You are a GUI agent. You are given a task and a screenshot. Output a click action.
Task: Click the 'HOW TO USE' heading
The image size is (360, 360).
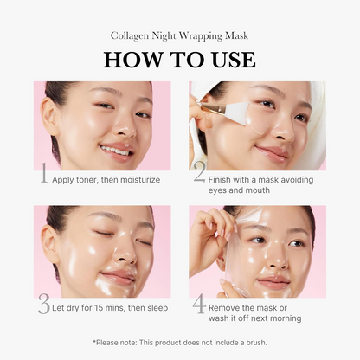click(180, 59)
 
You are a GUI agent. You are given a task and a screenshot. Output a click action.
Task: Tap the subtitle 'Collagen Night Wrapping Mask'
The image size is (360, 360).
click(180, 35)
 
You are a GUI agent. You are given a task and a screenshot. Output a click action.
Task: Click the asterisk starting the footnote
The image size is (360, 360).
click(94, 342)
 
